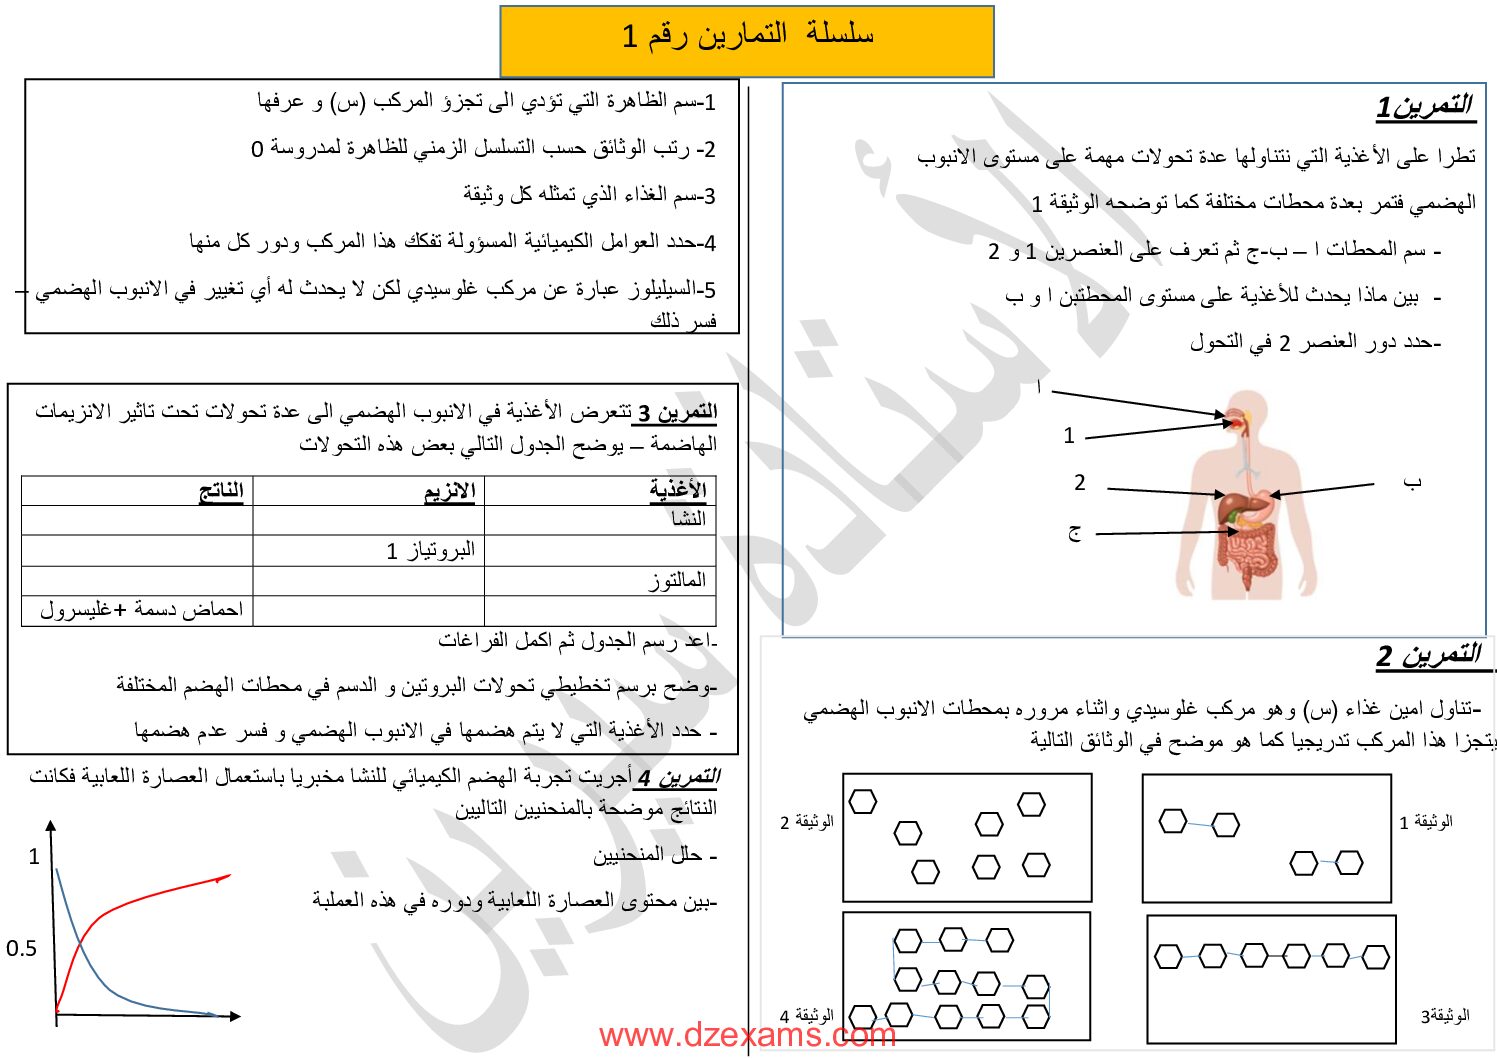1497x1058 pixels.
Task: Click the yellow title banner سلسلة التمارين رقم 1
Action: tap(747, 37)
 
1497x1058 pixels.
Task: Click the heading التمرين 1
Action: tap(1424, 106)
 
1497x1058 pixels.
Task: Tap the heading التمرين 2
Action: tap(1428, 656)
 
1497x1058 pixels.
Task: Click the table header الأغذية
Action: tap(678, 490)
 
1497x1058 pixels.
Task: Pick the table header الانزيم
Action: tap(449, 491)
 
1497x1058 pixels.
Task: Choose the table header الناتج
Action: tap(221, 491)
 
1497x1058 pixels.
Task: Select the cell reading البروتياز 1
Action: tap(431, 550)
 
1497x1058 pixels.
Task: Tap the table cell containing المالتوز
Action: tap(677, 580)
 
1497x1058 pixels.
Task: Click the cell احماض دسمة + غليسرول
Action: tap(141, 610)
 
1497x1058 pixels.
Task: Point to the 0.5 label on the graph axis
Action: tap(21, 948)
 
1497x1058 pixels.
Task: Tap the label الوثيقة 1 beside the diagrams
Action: tap(1425, 822)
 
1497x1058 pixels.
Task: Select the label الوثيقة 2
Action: tap(806, 822)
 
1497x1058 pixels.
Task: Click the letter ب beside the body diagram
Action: tap(1411, 483)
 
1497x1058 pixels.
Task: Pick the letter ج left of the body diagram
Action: tap(1074, 532)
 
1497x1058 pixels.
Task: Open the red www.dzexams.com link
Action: tap(747, 1036)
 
